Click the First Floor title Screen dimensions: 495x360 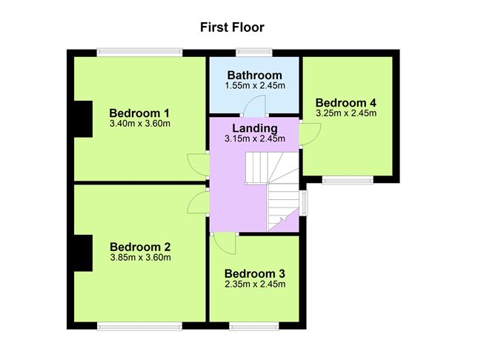pos(232,27)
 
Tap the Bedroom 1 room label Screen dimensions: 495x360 pos(139,113)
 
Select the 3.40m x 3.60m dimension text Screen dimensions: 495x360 pos(140,124)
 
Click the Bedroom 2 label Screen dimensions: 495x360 pos(140,247)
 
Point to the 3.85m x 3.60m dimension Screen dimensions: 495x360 pos(141,258)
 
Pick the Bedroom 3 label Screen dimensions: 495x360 pos(255,273)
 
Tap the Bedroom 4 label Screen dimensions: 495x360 pos(346,102)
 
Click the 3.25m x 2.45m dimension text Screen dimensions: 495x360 pos(346,113)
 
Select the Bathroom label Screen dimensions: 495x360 pos(255,75)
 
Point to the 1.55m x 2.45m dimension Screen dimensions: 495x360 pos(255,85)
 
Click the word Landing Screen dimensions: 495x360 pos(255,128)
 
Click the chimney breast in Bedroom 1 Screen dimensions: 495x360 pos(83,119)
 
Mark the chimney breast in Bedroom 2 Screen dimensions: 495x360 pos(83,253)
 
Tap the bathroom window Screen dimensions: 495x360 pos(254,52)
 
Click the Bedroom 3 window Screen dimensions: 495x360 pos(254,326)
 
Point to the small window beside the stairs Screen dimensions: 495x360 pos(303,203)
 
